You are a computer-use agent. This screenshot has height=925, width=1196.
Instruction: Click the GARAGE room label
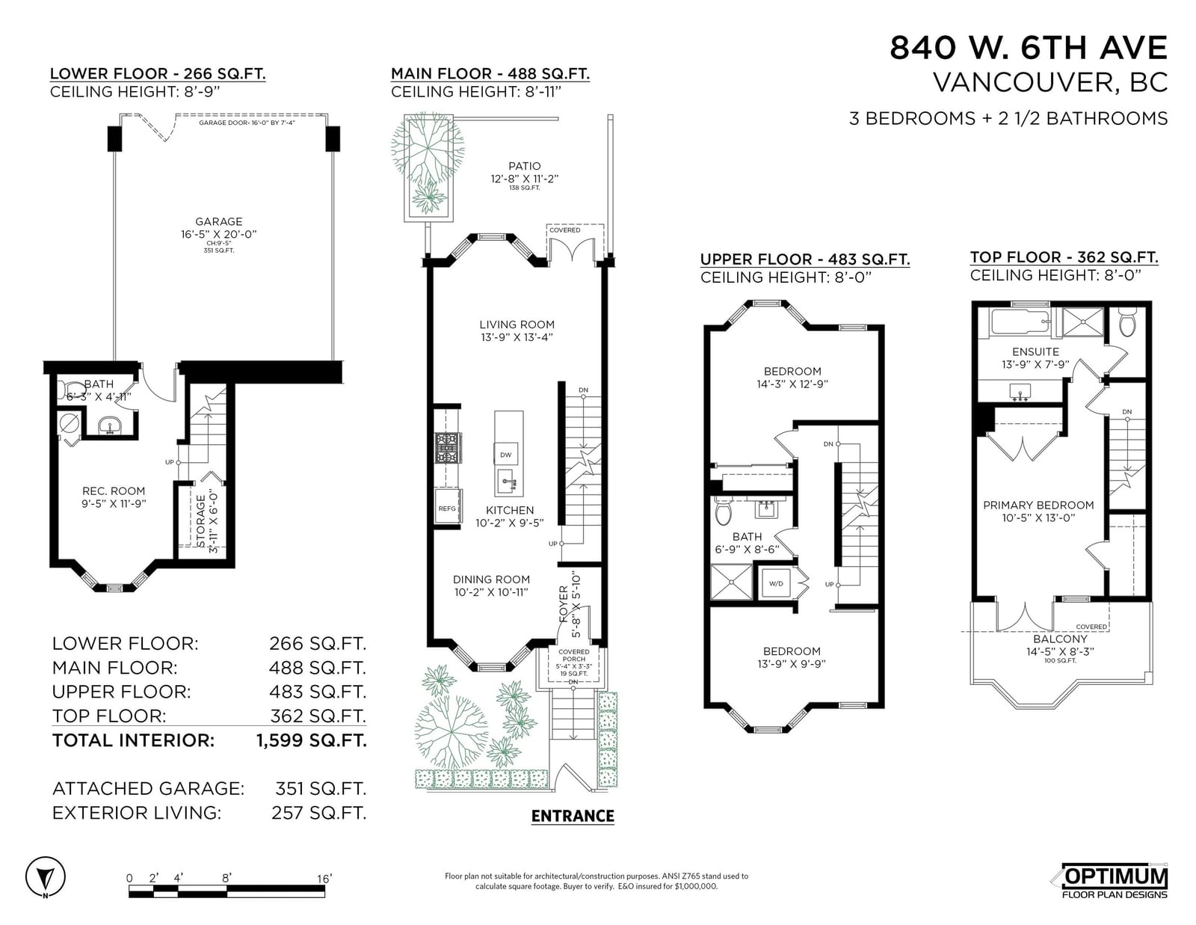218,221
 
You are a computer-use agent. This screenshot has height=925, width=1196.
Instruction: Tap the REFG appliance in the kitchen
447,508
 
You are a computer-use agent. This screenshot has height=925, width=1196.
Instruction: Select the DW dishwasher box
506,454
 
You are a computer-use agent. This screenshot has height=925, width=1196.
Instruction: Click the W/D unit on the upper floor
776,583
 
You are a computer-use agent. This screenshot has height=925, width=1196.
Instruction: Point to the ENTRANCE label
573,816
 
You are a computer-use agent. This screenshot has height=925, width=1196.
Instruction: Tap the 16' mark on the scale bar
324,878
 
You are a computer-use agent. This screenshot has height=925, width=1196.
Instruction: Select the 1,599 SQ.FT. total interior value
312,740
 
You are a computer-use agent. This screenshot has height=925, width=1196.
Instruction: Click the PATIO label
525,166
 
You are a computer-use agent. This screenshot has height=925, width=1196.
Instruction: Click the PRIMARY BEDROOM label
1038,505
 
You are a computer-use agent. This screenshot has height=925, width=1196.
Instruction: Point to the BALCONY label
1060,639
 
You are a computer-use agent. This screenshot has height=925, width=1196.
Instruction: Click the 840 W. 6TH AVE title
1028,47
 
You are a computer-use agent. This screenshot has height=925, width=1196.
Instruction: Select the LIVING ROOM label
517,325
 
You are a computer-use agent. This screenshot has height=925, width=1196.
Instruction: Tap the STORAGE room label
200,520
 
